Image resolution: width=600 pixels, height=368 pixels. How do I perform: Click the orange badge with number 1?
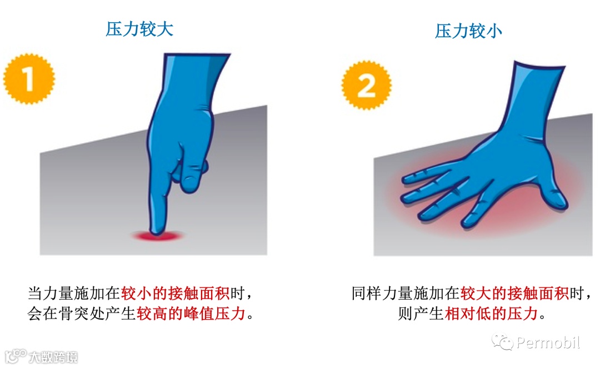coord(29,79)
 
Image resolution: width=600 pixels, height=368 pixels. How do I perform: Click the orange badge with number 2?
coord(366,85)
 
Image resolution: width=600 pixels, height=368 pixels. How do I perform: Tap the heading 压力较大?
coord(139,29)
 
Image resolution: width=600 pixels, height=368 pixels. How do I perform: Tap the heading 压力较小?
coord(468,31)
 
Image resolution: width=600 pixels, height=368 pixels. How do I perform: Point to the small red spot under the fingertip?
coord(158,236)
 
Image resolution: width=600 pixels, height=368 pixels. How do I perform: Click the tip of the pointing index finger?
coord(157,231)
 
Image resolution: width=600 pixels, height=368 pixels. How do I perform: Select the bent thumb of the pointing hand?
coord(193,176)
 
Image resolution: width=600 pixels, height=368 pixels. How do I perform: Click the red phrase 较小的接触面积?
coord(175,294)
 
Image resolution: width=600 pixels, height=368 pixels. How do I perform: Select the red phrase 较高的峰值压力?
coord(191,313)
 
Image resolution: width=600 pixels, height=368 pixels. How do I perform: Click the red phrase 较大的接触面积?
coord(514,294)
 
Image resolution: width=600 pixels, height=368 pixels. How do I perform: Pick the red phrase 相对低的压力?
coord(491,313)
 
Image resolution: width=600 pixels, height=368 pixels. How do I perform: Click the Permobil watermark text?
coord(548,342)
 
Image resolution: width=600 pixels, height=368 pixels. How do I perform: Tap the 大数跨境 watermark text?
coord(53,357)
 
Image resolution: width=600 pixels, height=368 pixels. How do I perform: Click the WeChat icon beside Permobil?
coord(502,341)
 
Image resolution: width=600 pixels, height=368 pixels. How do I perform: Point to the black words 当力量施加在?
coord(74,294)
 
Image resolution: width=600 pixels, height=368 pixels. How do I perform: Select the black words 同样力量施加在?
coord(406,294)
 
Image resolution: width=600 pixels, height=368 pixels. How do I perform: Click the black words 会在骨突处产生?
coord(82,313)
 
